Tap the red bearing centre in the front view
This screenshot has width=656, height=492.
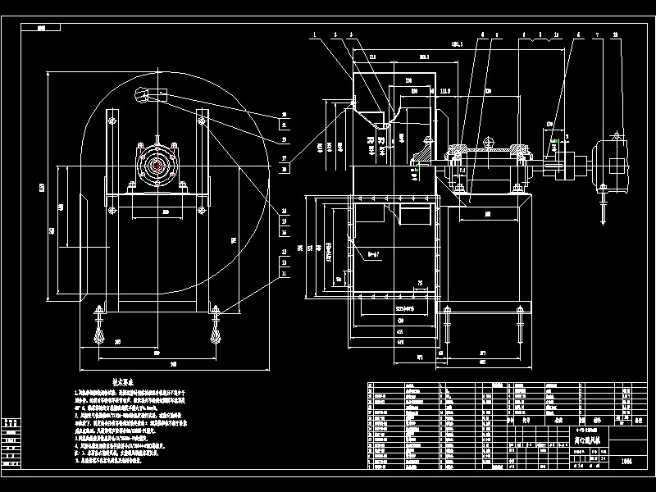(x=156, y=164)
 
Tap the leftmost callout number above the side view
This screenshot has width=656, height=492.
(x=313, y=35)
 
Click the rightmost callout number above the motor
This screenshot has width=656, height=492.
(x=615, y=35)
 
